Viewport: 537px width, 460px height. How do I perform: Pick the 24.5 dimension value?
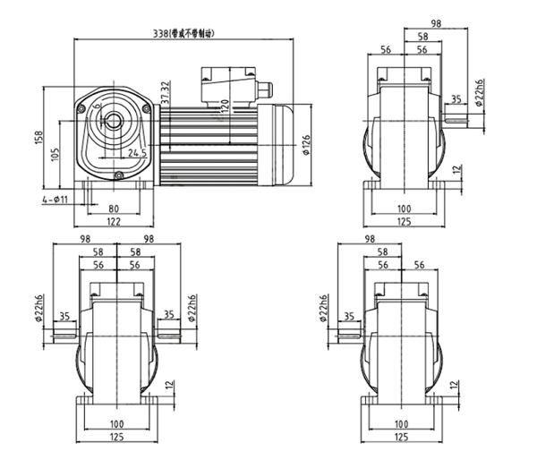(x=138, y=153)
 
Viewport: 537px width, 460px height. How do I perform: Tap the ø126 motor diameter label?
(x=306, y=143)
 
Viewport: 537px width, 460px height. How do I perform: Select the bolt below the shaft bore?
(x=117, y=176)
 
